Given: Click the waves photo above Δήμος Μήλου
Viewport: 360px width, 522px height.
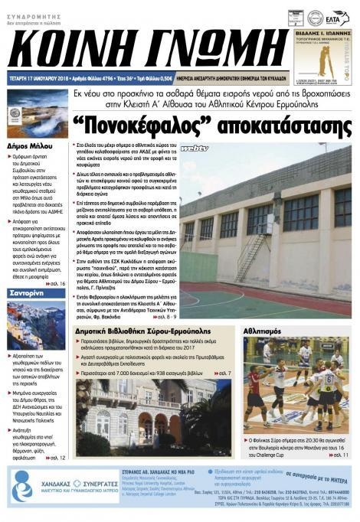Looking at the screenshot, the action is click(37, 113).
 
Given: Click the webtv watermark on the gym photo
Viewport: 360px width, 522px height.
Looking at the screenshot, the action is click(195, 148).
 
